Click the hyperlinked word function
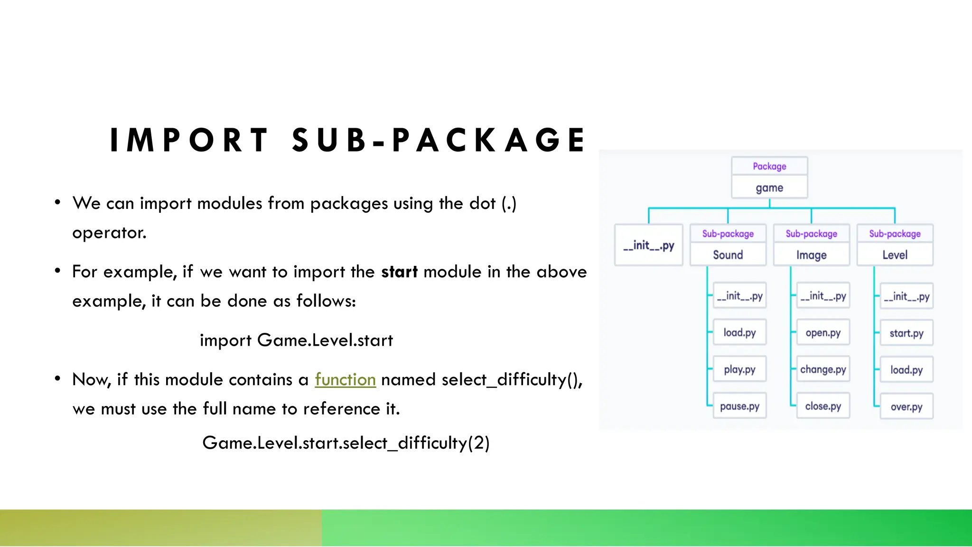click(x=345, y=380)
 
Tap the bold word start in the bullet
click(x=399, y=272)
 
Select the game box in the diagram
click(x=769, y=188)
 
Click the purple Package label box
click(x=769, y=166)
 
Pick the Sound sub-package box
click(x=728, y=255)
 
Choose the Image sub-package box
click(x=811, y=255)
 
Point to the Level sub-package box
click(x=895, y=255)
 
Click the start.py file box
click(x=906, y=333)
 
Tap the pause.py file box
click(x=739, y=406)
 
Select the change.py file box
click(x=823, y=369)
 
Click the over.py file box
click(x=906, y=407)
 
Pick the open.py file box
click(x=823, y=333)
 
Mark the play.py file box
click(x=739, y=369)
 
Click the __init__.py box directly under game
click(x=648, y=245)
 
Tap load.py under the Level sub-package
click(x=906, y=370)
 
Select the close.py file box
click(x=823, y=406)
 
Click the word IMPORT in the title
click(x=189, y=141)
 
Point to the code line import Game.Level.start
click(x=296, y=340)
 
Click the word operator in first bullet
click(x=109, y=233)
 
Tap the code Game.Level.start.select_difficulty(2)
click(x=346, y=443)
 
